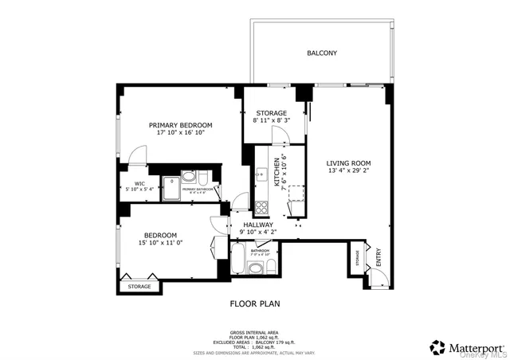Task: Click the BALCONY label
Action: [x=322, y=53]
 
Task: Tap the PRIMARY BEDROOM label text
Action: [x=181, y=125]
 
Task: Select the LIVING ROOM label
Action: [x=349, y=162]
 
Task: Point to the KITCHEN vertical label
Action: [x=277, y=170]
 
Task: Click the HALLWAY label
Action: [x=259, y=225]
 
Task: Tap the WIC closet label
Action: [x=139, y=183]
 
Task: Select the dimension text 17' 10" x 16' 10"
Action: [x=181, y=134]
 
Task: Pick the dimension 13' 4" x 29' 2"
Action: [x=349, y=170]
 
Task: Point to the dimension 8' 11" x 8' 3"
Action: [x=270, y=121]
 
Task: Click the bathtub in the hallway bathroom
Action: [x=239, y=260]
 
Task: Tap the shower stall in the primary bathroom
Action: [x=171, y=189]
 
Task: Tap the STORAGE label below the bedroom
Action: [x=139, y=286]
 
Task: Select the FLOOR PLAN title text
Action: [x=254, y=303]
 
